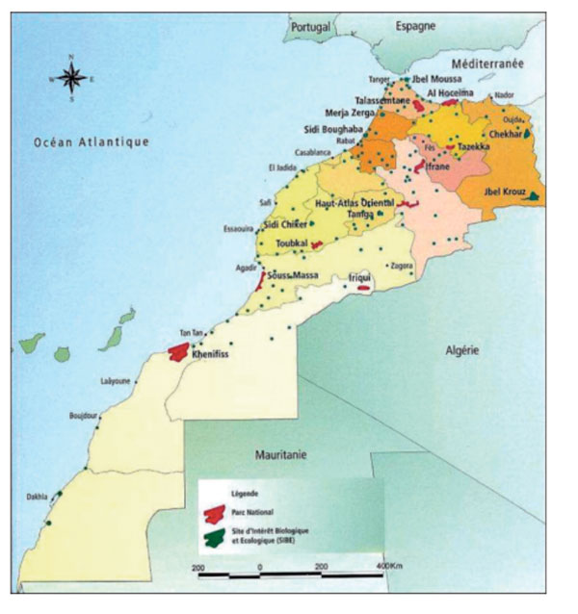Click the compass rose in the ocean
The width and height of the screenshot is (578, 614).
point(73,79)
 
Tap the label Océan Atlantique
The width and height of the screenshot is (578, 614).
point(92,142)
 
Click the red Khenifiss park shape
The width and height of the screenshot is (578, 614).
point(178,352)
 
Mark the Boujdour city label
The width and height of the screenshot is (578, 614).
point(84,417)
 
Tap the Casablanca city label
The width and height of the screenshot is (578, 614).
point(313,152)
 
